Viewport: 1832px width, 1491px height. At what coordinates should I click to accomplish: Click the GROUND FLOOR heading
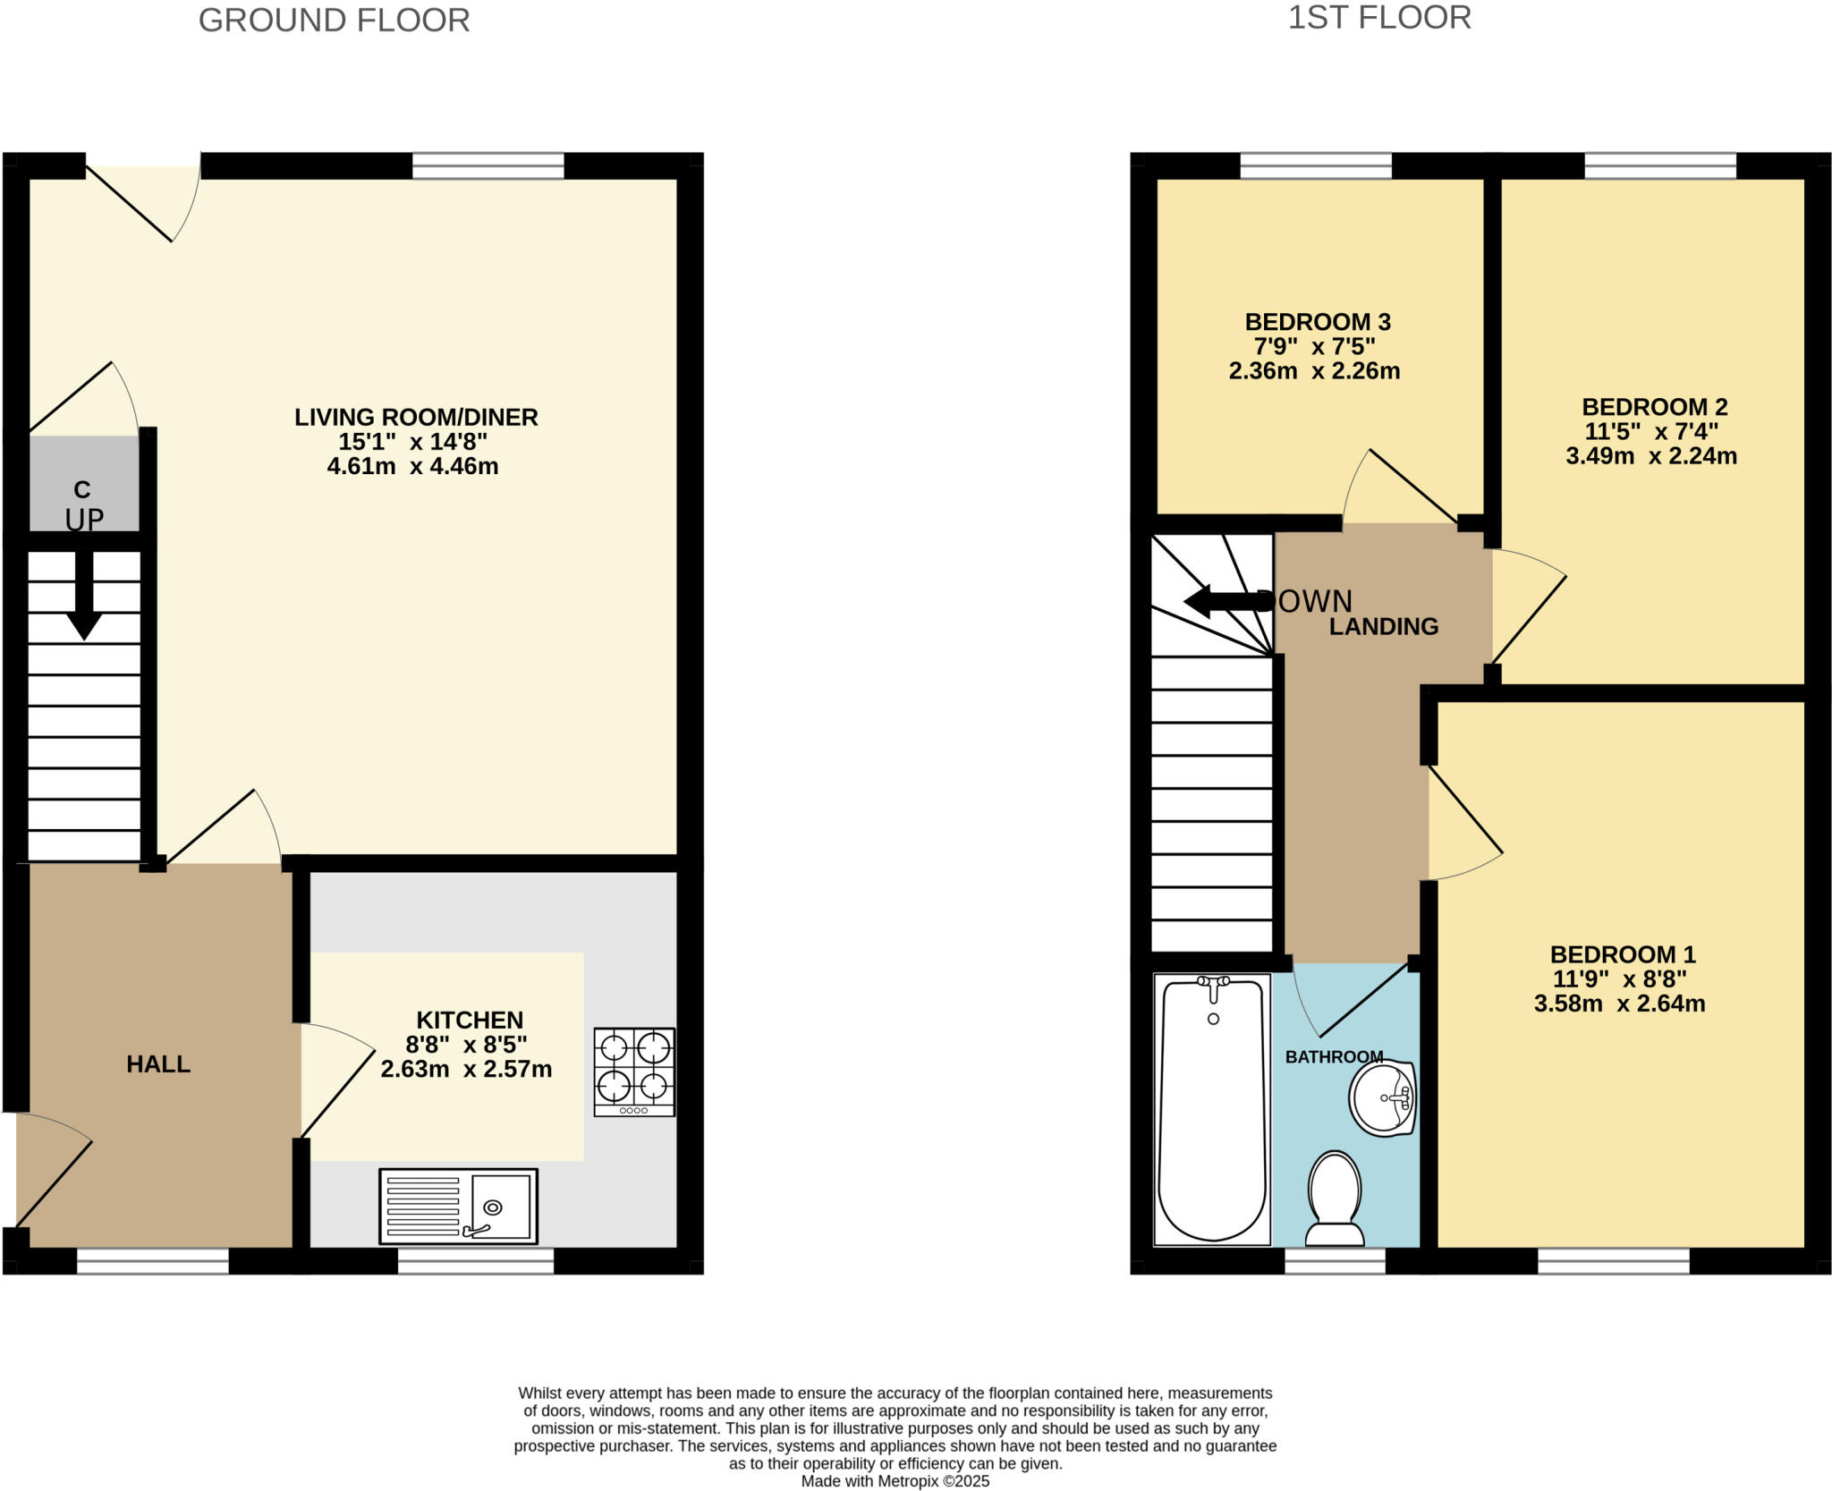[334, 20]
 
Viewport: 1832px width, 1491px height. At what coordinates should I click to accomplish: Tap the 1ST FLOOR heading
[1378, 18]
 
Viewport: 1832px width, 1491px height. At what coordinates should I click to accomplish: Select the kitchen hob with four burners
[634, 1072]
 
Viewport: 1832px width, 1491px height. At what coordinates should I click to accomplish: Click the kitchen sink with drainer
[458, 1206]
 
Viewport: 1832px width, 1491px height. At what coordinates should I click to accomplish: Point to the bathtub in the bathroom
[1212, 1109]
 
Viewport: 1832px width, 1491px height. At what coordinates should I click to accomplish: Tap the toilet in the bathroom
[1335, 1199]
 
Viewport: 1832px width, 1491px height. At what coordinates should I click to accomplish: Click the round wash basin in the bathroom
[1382, 1098]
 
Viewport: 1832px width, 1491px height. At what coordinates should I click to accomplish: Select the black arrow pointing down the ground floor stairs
[84, 595]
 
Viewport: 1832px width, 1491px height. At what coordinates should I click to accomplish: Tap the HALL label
[158, 1064]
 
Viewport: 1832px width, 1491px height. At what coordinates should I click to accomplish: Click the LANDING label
[1383, 627]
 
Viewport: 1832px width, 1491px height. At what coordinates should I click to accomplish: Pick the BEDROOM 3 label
[1317, 322]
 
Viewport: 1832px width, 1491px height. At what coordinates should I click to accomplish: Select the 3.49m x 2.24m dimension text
[1650, 457]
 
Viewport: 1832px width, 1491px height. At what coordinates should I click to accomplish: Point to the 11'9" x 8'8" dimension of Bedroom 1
[1619, 979]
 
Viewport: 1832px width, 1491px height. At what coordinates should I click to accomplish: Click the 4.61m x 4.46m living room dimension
[412, 466]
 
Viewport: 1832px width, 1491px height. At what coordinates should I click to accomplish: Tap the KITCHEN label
[470, 1020]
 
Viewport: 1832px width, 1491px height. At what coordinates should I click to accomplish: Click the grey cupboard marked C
[82, 483]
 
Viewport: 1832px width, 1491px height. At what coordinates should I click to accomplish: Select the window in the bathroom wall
[1335, 1261]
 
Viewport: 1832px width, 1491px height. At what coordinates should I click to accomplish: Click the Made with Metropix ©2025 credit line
[895, 1481]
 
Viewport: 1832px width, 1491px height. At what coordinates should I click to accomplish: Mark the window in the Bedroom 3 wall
[1316, 166]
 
